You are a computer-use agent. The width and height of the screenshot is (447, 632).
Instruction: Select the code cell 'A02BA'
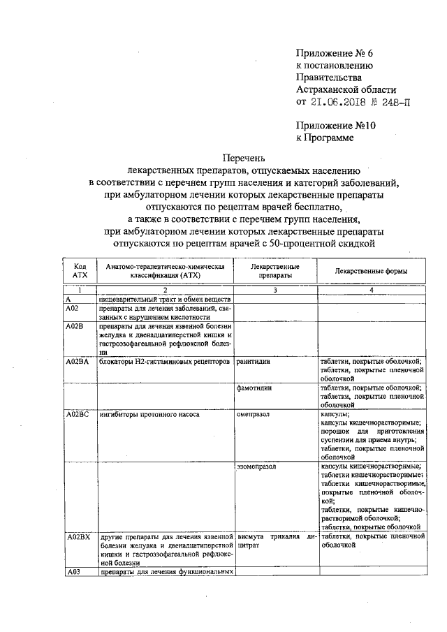(x=78, y=362)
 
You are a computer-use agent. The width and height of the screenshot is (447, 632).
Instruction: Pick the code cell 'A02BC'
(x=78, y=415)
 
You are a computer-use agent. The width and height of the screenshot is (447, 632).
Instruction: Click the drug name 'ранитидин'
(x=254, y=362)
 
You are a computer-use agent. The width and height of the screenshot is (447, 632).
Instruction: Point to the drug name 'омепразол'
(x=254, y=415)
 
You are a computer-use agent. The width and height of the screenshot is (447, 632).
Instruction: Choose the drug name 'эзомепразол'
(x=258, y=466)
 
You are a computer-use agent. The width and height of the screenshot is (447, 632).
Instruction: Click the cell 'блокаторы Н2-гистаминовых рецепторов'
(x=164, y=362)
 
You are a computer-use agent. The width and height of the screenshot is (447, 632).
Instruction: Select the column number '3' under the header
(x=275, y=290)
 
